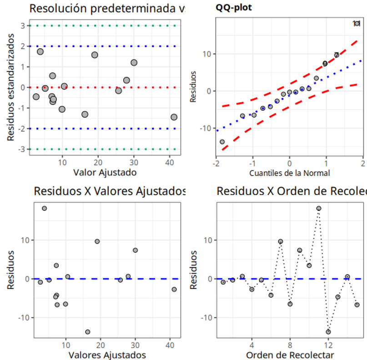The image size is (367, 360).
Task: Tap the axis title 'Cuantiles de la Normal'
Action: click(x=289, y=173)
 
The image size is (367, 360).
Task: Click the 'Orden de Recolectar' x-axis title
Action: click(x=290, y=355)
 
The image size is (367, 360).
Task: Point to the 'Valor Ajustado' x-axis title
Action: click(x=105, y=172)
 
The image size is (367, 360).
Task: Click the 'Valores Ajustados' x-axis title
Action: click(x=107, y=355)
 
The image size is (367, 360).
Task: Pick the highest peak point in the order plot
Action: click(x=319, y=209)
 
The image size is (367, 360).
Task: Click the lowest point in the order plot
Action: click(x=328, y=332)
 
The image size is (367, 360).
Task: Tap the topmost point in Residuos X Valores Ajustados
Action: click(x=45, y=209)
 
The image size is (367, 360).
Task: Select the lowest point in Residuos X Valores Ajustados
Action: click(x=88, y=332)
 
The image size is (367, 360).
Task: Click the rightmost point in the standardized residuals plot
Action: click(x=174, y=117)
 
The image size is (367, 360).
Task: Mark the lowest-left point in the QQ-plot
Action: click(x=222, y=142)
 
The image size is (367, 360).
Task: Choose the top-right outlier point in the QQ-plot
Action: click(x=357, y=23)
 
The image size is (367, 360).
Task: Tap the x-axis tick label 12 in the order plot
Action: click(x=328, y=344)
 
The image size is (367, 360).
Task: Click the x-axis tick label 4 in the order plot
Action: click(x=252, y=344)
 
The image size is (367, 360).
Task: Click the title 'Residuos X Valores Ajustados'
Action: click(x=110, y=191)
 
